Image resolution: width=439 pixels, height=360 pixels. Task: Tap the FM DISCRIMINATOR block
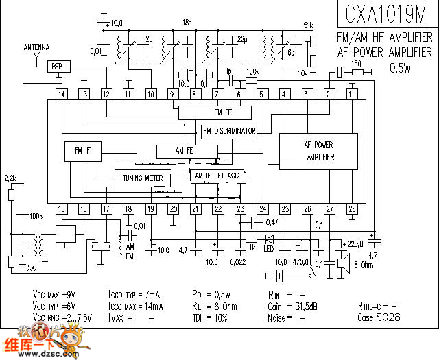coord(229,131)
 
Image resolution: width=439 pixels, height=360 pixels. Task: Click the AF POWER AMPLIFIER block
coord(318,151)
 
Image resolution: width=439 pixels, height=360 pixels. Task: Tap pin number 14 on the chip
coord(62,94)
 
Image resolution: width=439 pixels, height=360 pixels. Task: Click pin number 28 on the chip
coord(352,208)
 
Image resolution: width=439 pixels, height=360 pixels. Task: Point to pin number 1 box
coord(352,94)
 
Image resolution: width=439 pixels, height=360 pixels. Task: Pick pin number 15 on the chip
coord(62,208)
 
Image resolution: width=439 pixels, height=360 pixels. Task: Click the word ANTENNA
coord(36,47)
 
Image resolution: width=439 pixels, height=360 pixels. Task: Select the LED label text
coord(270,248)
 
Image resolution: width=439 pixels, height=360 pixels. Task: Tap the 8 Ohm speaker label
coord(364,264)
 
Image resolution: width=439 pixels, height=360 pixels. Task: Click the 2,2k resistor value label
coord(10,178)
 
